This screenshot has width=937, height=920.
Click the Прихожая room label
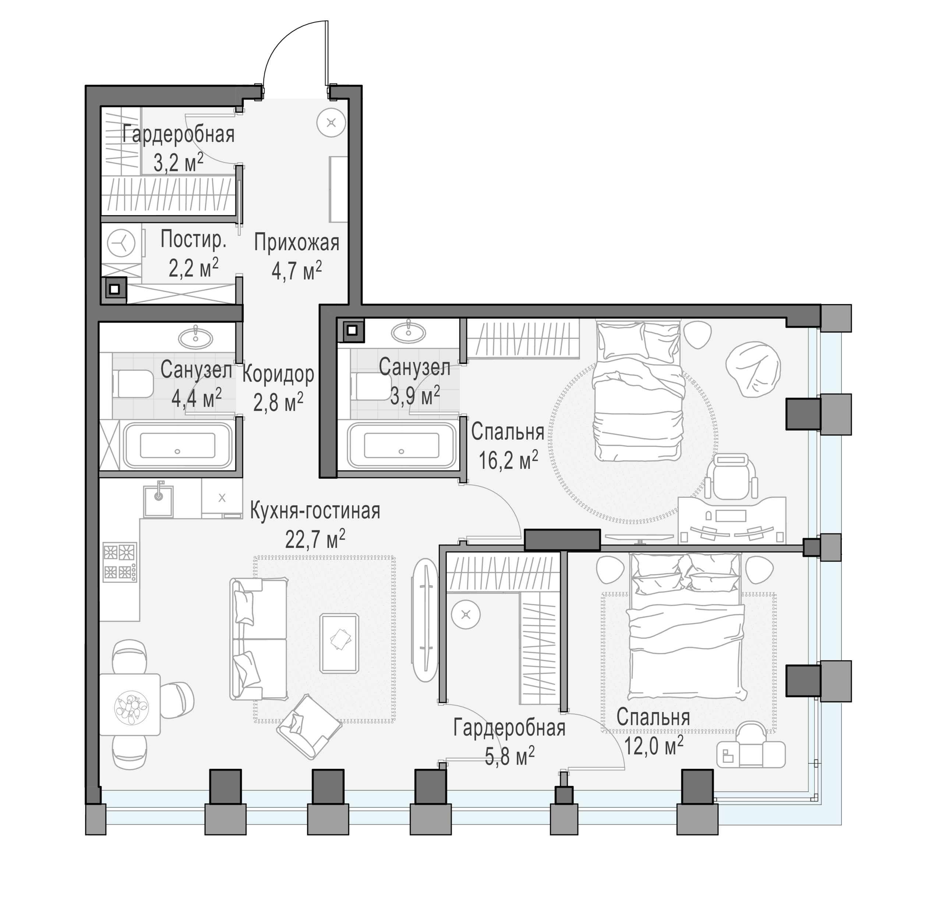[x=297, y=243]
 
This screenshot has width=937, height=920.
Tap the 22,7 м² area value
[x=315, y=539]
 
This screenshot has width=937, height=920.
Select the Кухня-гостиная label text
[x=315, y=511]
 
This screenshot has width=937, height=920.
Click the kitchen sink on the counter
[x=158, y=501]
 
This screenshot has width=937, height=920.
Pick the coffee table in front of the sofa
[x=340, y=643]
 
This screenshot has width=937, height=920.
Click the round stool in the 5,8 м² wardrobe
[x=466, y=614]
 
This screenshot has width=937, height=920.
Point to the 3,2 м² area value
[x=178, y=162]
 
